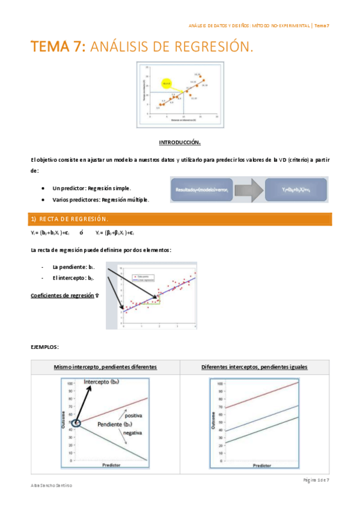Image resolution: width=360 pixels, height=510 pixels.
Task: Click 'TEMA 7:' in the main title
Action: pos(58,47)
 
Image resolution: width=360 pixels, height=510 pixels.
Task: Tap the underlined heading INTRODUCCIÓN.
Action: pos(180,143)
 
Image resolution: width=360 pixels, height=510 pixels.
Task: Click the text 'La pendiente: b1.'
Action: pos(74,266)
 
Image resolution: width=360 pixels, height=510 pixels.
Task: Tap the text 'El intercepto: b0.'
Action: pos(74,278)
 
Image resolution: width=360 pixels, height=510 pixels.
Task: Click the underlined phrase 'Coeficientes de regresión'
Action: pos(63,295)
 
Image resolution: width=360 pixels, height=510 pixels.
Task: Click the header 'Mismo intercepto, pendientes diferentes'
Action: pos(105,366)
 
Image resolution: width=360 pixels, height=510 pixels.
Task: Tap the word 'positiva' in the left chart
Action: pos(133,415)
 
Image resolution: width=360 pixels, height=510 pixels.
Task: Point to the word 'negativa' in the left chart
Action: pos(132,432)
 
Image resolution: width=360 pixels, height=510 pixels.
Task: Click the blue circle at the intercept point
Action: pos(75,423)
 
